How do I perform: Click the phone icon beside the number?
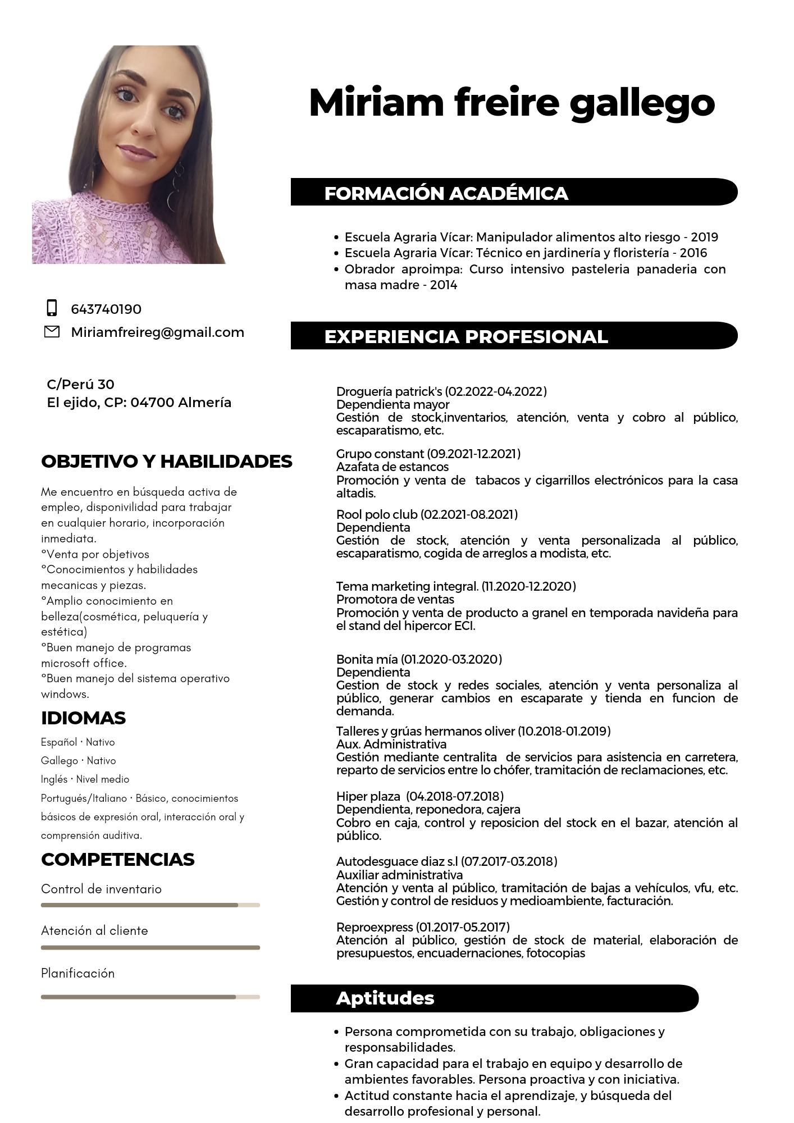[x=52, y=308]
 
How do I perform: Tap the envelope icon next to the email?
[x=52, y=332]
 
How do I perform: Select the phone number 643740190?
[x=106, y=309]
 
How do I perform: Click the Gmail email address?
[x=157, y=332]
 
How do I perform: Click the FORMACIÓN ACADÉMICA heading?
[x=446, y=193]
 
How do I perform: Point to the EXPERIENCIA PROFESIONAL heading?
[x=466, y=336]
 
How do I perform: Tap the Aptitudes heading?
[x=385, y=998]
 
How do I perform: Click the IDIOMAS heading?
[x=83, y=718]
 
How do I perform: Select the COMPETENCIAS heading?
[x=117, y=859]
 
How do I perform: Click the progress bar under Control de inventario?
[x=150, y=905]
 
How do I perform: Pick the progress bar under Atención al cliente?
[x=150, y=947]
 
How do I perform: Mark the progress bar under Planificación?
[x=150, y=997]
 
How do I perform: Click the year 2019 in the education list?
[x=704, y=237]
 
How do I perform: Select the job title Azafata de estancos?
[x=392, y=467]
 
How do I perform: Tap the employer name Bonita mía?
[x=367, y=659]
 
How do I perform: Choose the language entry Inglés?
[x=54, y=779]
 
